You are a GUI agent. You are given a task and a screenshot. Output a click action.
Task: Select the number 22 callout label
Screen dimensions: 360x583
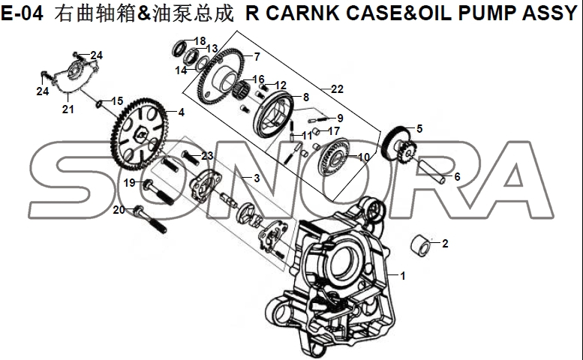coord(337,89)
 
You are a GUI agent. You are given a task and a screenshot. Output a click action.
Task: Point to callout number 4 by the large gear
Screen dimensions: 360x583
coord(180,113)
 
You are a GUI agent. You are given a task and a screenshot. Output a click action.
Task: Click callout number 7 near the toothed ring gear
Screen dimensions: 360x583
coord(419,129)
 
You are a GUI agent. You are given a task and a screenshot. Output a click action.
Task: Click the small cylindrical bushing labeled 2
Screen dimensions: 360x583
coord(424,244)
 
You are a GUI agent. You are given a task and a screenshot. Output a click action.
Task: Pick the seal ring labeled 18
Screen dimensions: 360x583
coord(179,49)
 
